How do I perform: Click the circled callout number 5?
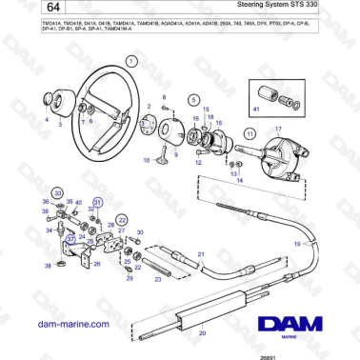pyautogui.click(x=193, y=99)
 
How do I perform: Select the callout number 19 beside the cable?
pyautogui.click(x=295, y=245)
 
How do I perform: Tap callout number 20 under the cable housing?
pyautogui.click(x=201, y=335)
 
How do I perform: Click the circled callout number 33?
pyautogui.click(x=57, y=194)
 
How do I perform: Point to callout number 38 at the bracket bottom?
pyautogui.click(x=48, y=267)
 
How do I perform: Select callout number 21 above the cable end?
pyautogui.click(x=200, y=253)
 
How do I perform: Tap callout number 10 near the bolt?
pyautogui.click(x=146, y=161)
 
